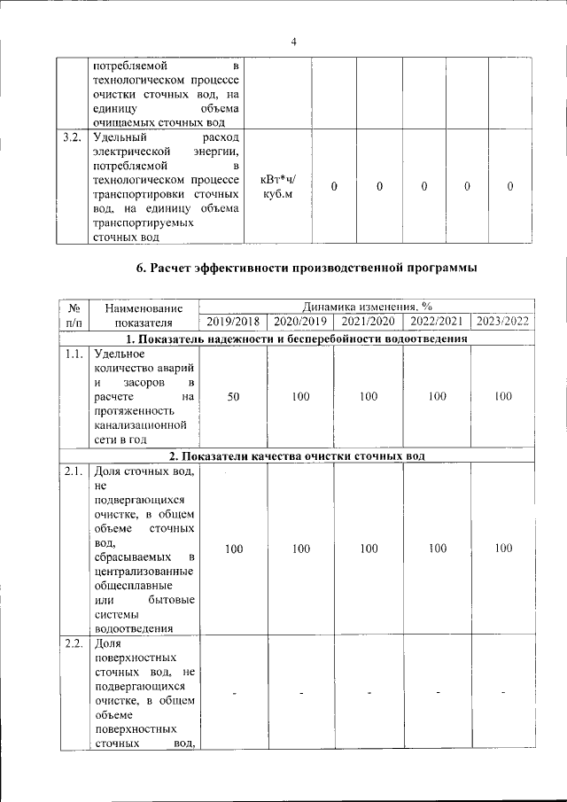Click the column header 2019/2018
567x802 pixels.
pyautogui.click(x=233, y=322)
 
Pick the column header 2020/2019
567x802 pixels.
pyautogui.click(x=301, y=322)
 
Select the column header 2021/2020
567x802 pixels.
pyautogui.click(x=369, y=322)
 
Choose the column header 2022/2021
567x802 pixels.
pyautogui.click(x=436, y=322)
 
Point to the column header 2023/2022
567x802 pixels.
pyautogui.click(x=502, y=322)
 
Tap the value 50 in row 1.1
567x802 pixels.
pyautogui.click(x=233, y=397)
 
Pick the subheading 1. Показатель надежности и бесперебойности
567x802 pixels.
pyautogui.click(x=296, y=339)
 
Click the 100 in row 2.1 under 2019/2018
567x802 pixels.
pyautogui.click(x=233, y=549)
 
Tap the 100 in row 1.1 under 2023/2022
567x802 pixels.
pyautogui.click(x=502, y=397)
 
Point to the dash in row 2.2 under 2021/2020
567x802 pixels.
pyautogui.click(x=369, y=691)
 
